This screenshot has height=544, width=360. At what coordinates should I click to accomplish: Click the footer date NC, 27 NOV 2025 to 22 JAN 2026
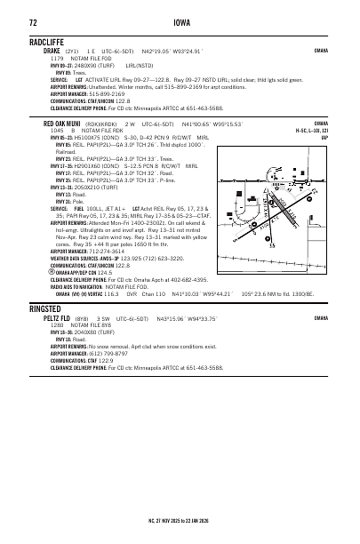tap(180, 521)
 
